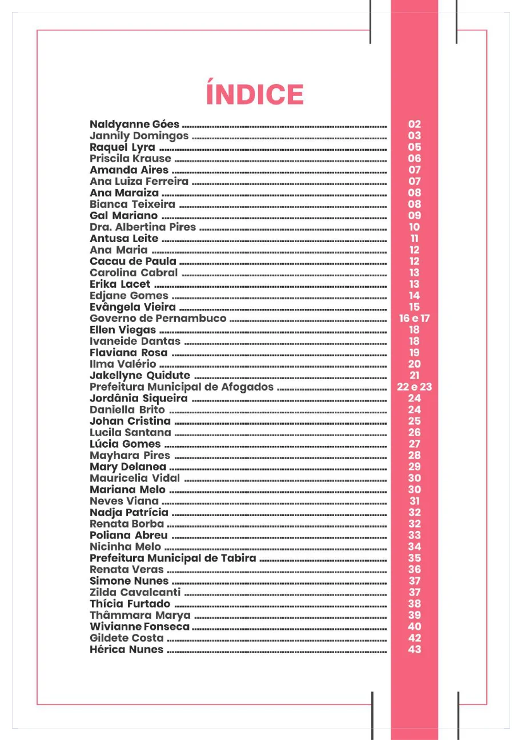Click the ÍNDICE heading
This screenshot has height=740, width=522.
pyautogui.click(x=255, y=95)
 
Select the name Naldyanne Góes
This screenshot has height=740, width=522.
pyautogui.click(x=135, y=124)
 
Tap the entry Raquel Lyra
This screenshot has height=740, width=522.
pyautogui.click(x=122, y=147)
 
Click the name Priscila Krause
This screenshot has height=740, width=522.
pyautogui.click(x=130, y=158)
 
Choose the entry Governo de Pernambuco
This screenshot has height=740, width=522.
pyautogui.click(x=158, y=318)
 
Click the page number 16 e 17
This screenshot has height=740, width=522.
pyautogui.click(x=414, y=318)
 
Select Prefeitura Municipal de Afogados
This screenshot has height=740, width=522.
pyautogui.click(x=182, y=387)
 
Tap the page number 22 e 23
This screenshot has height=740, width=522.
pyautogui.click(x=414, y=387)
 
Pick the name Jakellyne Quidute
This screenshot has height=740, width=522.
pyautogui.click(x=140, y=375)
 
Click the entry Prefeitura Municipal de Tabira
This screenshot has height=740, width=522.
pyautogui.click(x=173, y=558)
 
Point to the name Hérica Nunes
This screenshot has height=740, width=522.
pyautogui.click(x=126, y=649)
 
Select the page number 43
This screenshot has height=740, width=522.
pyautogui.click(x=415, y=649)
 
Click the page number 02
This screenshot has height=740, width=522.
pyautogui.click(x=415, y=124)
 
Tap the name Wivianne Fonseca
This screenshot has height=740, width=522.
pyautogui.click(x=140, y=626)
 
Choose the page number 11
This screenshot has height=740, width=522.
pyautogui.click(x=415, y=238)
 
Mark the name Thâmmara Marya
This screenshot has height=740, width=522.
pyautogui.click(x=140, y=615)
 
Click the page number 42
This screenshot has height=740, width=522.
pyautogui.click(x=415, y=638)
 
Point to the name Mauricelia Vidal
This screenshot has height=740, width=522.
pyautogui.click(x=135, y=478)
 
